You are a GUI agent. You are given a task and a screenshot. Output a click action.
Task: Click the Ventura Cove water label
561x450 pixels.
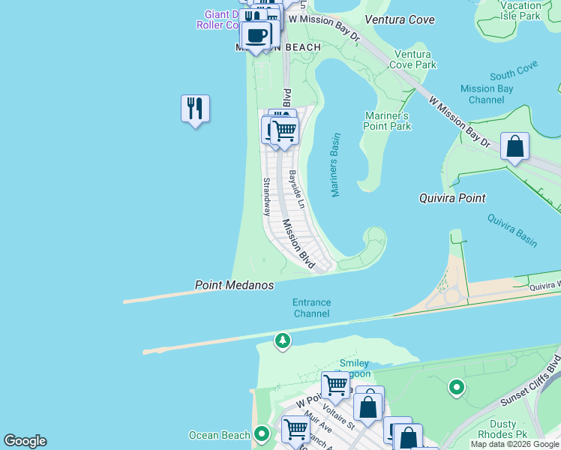point(399,19)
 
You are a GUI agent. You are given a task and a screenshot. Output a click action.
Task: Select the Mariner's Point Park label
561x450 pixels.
point(387,121)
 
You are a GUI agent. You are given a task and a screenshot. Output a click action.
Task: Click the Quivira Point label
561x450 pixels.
point(451,198)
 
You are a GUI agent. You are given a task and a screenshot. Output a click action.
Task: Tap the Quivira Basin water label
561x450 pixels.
point(511,230)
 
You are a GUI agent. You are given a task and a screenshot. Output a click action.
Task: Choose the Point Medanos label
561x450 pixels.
point(234,286)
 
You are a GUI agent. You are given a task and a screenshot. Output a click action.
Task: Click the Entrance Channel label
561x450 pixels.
point(311,307)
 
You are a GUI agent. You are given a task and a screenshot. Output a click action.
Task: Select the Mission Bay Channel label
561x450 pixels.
point(487,94)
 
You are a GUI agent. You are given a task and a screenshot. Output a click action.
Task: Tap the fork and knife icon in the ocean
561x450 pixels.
point(195,109)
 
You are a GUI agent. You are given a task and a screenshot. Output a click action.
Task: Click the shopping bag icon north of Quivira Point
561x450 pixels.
point(514,146)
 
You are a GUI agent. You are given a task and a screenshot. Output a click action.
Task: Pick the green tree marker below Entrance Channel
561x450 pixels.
point(282,341)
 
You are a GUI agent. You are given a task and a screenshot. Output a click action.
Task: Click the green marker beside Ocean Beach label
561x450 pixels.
point(261,434)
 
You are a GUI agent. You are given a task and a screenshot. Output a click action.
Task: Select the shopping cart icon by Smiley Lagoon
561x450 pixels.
point(335,385)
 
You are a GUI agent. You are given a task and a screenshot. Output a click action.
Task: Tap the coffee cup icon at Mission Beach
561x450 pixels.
point(256,34)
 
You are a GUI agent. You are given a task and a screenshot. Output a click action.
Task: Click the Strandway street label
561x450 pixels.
point(266,196)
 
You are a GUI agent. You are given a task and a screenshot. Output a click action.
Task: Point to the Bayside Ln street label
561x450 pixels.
point(296,189)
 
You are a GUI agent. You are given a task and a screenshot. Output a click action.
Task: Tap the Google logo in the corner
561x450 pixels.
point(25,441)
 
